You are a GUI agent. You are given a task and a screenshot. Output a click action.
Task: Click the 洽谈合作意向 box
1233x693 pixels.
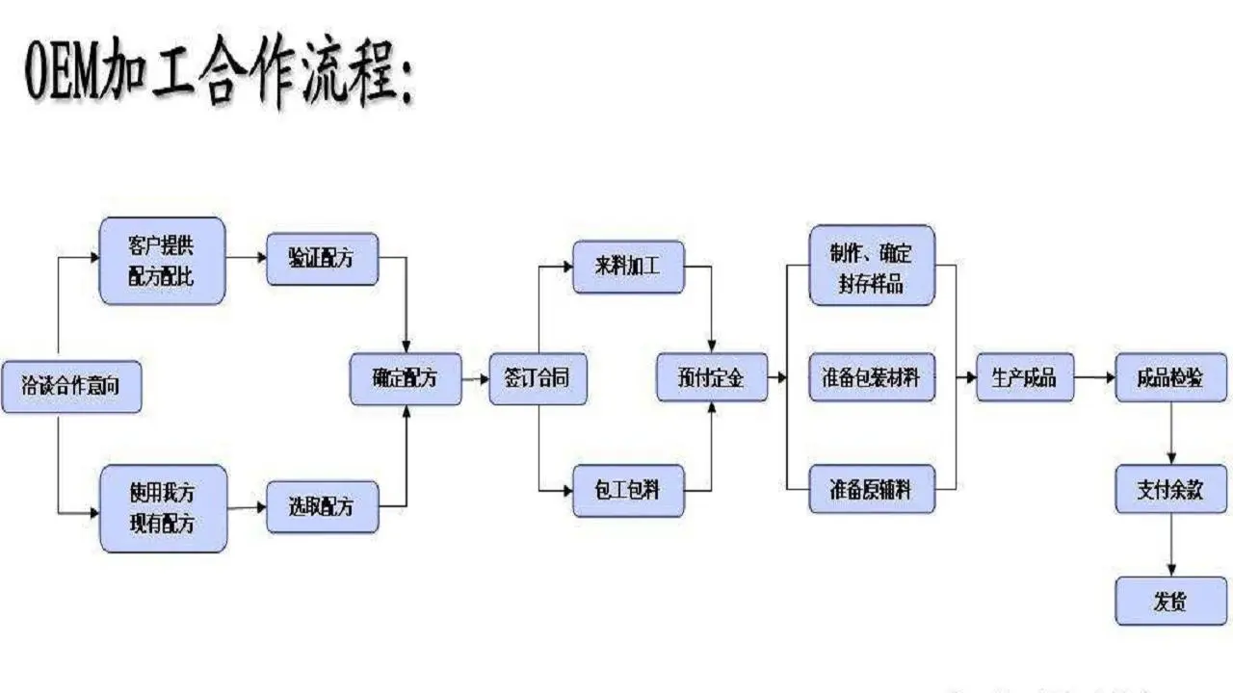coord(70,387)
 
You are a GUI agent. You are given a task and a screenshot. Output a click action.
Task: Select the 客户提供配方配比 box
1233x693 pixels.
coord(163,261)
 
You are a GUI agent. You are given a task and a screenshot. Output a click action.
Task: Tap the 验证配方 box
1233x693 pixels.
coord(322,258)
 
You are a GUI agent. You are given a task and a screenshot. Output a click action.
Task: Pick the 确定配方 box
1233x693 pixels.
coord(405,378)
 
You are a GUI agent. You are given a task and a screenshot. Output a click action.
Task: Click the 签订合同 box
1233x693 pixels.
coord(538,378)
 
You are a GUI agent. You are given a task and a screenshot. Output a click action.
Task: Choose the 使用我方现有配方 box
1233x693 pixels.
coord(163,508)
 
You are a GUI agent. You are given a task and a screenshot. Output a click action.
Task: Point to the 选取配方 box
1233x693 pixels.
coord(322,506)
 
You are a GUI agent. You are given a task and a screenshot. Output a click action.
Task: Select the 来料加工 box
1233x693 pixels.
coord(628,267)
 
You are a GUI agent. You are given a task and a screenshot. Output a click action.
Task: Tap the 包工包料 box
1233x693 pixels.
coord(628,490)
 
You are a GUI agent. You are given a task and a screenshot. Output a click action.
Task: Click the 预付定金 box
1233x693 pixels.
coord(712,378)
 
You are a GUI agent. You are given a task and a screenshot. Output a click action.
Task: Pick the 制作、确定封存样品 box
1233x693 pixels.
coord(871,265)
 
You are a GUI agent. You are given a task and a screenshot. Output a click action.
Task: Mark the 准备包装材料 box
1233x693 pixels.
coord(871,378)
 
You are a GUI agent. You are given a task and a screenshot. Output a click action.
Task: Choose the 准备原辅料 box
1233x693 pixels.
coord(871,490)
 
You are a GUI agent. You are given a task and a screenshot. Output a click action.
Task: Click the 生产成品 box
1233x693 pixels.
coord(1024,378)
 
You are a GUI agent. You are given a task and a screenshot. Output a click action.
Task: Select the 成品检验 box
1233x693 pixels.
coord(1171,378)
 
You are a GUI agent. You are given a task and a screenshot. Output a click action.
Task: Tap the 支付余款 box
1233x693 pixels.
coord(1171,489)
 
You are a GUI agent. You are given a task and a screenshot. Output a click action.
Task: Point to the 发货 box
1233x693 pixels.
coord(1171,602)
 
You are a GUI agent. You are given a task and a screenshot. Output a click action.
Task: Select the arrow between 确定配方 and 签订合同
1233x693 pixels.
coord(476,379)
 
